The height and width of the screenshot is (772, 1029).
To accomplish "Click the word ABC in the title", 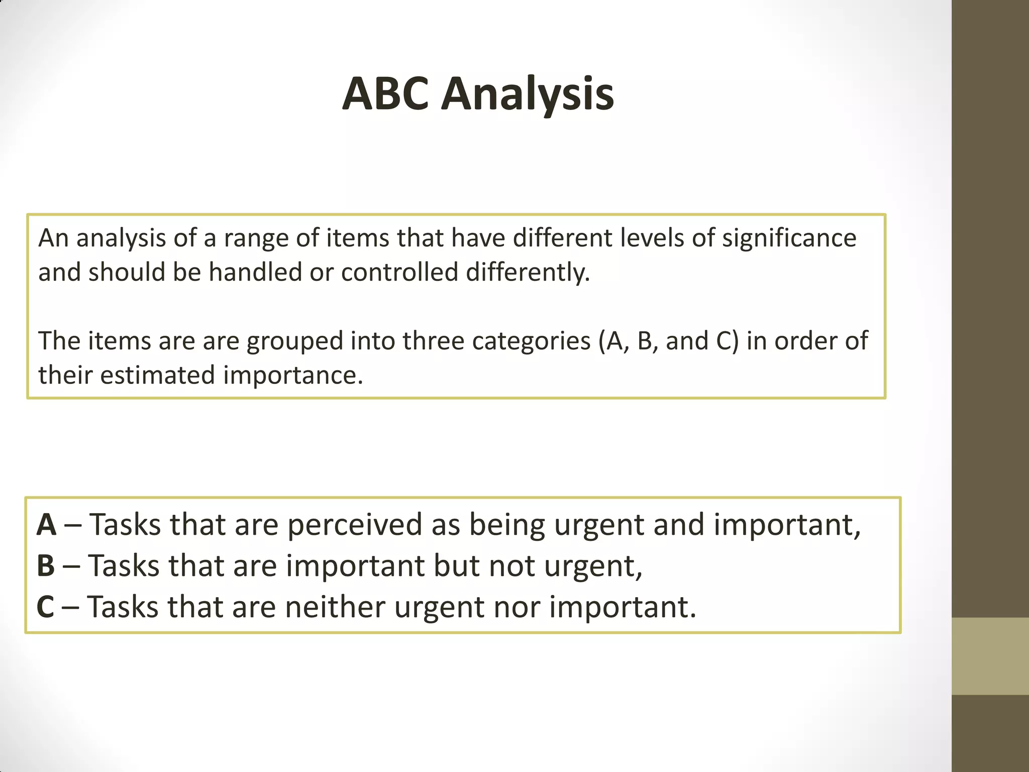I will [385, 94].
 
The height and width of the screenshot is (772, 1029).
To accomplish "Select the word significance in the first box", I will [789, 238].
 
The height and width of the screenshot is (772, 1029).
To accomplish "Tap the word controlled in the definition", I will [399, 272].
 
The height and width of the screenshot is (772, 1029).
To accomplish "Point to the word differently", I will [528, 272].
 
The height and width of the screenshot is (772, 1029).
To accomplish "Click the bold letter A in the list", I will [46, 525].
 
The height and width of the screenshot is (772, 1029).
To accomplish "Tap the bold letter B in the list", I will [46, 566].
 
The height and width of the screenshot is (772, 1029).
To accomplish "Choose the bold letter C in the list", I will [45, 607].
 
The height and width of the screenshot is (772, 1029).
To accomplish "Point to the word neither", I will [335, 607].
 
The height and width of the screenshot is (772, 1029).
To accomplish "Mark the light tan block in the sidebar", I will [990, 656].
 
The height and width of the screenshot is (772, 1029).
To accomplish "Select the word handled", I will [255, 272].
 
